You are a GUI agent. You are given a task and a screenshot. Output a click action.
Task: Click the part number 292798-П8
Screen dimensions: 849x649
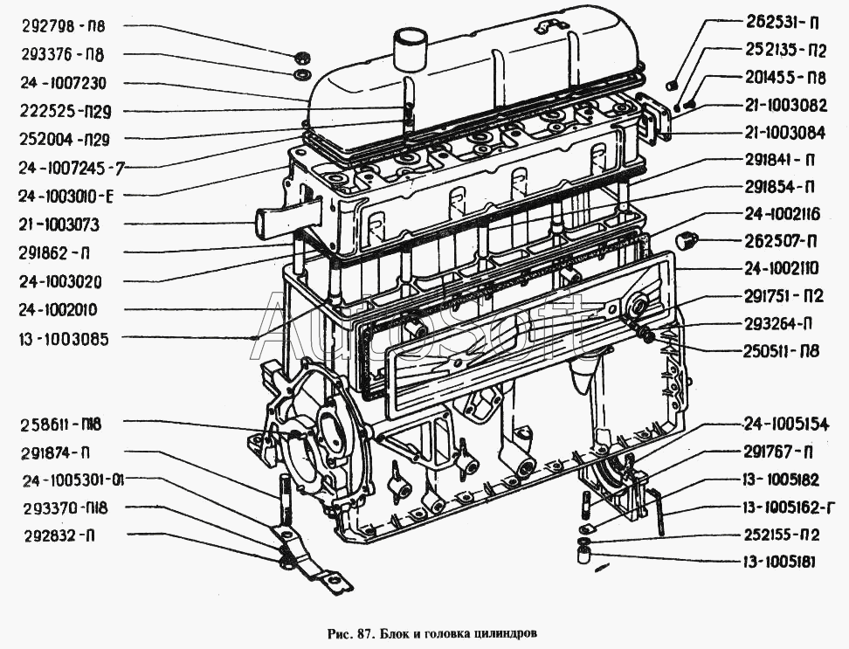[x=64, y=26]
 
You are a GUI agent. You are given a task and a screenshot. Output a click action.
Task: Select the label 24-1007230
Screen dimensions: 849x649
[x=64, y=83]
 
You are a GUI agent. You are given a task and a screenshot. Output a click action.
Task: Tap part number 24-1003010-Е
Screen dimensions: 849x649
[x=66, y=196]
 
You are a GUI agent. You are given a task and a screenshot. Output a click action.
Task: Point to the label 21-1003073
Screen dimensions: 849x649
[x=59, y=224]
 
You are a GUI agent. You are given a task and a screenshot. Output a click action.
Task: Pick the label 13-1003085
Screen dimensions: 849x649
[x=64, y=340]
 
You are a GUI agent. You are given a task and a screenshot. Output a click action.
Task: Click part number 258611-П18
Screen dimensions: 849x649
[x=61, y=425]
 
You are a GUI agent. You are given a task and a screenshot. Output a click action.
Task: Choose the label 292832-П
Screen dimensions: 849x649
[x=60, y=536]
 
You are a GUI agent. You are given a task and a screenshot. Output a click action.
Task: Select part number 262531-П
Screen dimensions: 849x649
[x=783, y=22]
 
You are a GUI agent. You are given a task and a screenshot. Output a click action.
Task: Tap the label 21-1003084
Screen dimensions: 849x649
[x=785, y=133]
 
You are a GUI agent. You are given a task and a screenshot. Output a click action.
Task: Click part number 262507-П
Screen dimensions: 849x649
[x=781, y=241]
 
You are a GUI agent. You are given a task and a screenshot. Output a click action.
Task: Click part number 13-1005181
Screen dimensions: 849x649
[x=779, y=563]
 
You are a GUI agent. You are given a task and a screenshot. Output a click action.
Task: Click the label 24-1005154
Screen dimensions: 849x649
[x=785, y=425]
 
